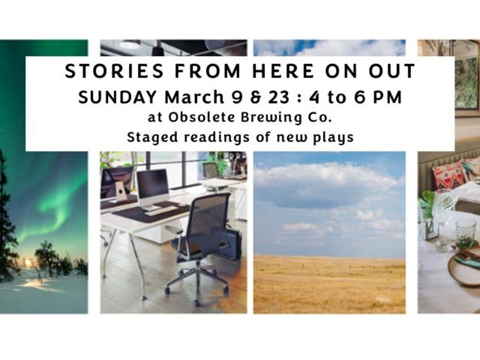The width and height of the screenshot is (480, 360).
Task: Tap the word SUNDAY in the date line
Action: [x=118, y=97]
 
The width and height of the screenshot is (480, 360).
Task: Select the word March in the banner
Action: [x=194, y=97]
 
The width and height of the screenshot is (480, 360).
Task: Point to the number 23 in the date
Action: [x=278, y=97]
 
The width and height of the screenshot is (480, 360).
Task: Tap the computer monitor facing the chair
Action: [x=152, y=187]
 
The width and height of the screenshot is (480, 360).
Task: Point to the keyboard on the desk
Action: [x=162, y=211]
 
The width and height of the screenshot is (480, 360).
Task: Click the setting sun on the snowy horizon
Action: [x=28, y=262]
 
